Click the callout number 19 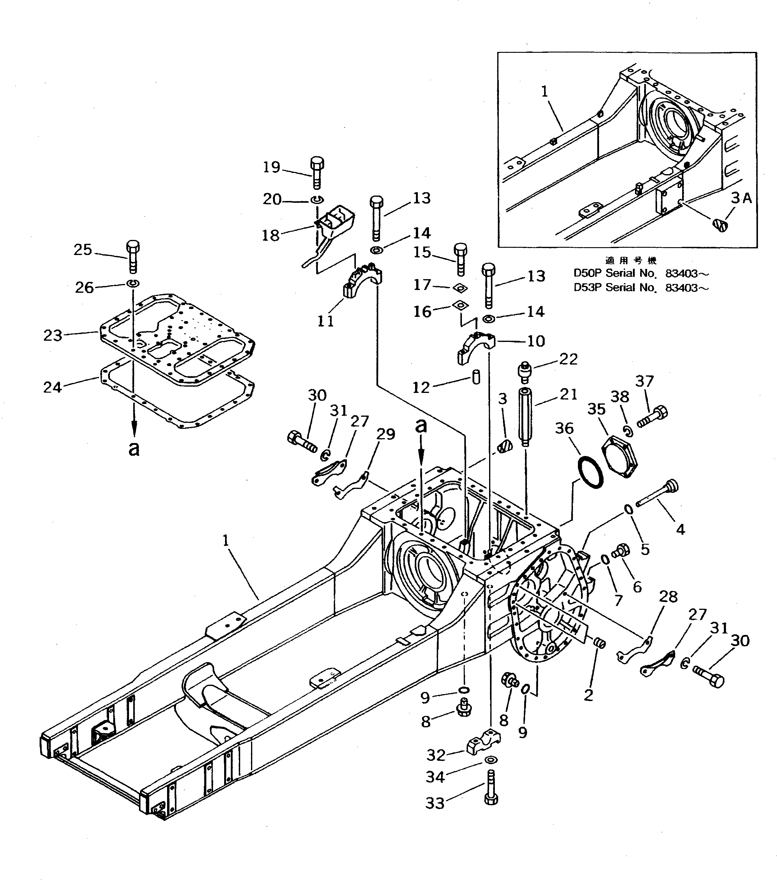click(272, 167)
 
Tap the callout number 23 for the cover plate click(53, 335)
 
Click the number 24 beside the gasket click(53, 387)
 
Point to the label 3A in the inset click(741, 198)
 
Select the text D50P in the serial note click(588, 273)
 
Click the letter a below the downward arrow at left click(134, 449)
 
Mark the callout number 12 click(421, 387)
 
